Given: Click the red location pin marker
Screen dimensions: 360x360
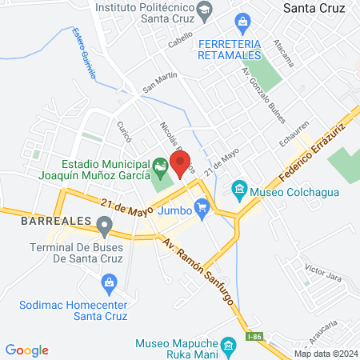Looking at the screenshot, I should point(180,163).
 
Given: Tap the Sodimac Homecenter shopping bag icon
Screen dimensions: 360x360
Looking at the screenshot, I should point(110,282).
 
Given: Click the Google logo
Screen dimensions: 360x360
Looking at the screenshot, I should point(27,350).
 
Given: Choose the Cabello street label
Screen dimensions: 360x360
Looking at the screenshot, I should point(181,45).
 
